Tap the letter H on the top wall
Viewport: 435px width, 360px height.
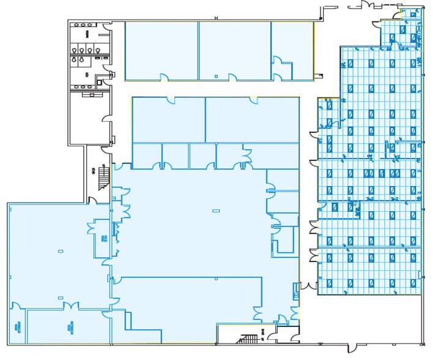click(217, 18)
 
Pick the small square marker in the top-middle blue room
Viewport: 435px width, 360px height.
click(216, 75)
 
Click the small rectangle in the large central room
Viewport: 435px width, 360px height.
click(215, 211)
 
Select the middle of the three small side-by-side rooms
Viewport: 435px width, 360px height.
click(176, 156)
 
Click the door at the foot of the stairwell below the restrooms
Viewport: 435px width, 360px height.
click(94, 200)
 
